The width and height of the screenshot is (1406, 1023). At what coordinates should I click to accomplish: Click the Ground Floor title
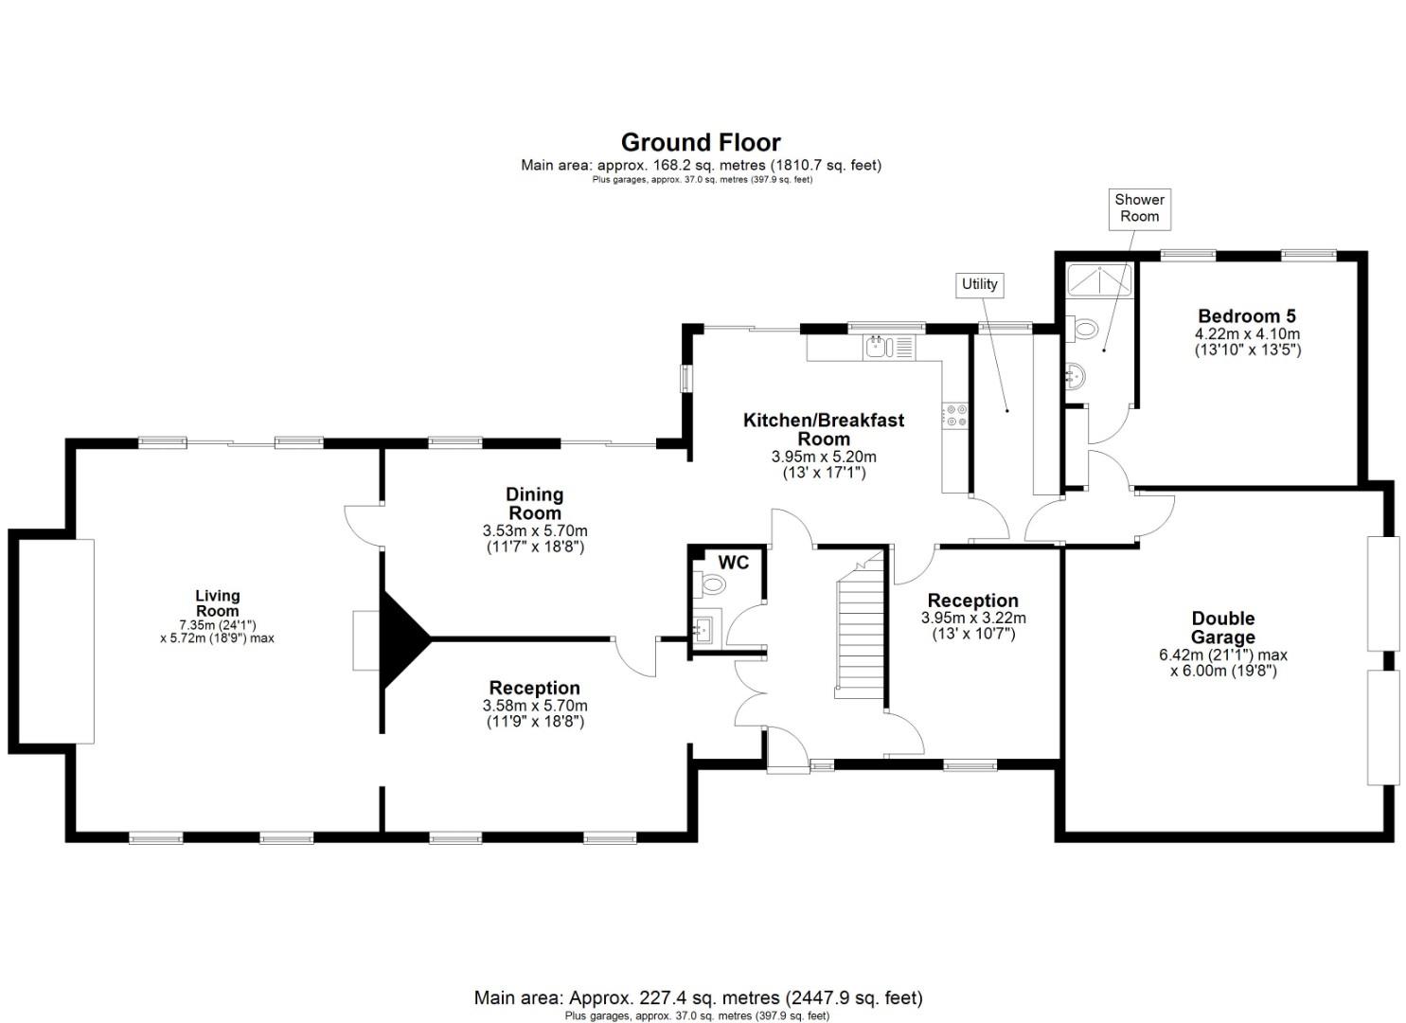click(701, 142)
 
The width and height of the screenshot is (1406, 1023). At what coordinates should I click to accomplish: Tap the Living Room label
click(218, 603)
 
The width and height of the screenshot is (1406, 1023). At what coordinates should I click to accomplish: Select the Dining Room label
click(535, 503)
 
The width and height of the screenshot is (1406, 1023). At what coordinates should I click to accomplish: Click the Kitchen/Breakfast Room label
click(824, 429)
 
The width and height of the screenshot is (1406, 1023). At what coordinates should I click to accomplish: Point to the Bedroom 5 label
click(1247, 316)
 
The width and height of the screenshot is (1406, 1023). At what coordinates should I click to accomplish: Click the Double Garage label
click(1222, 628)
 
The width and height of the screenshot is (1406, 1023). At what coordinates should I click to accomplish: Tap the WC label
click(734, 563)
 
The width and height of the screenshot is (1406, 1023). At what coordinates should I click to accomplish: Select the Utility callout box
click(980, 284)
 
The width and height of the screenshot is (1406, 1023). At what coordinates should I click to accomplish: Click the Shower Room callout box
click(1139, 208)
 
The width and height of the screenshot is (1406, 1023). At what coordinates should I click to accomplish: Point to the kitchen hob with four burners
click(953, 414)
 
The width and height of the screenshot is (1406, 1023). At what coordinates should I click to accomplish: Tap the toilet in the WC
click(709, 584)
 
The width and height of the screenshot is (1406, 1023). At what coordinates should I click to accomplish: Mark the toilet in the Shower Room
click(1084, 329)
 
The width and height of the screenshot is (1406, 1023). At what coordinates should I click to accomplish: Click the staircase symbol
click(859, 630)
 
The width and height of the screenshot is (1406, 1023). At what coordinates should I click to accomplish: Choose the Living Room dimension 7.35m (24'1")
click(218, 625)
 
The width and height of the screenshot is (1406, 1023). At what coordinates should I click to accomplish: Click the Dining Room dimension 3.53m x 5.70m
click(535, 530)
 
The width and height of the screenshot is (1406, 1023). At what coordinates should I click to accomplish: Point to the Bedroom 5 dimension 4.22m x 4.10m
click(1247, 334)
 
